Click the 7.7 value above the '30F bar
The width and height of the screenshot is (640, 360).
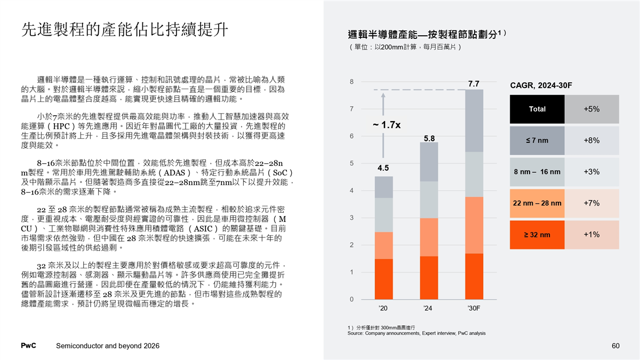pyautogui.click(x=474, y=84)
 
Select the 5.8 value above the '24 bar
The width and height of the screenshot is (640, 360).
pyautogui.click(x=429, y=138)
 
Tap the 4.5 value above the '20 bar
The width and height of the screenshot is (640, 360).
pyautogui.click(x=383, y=168)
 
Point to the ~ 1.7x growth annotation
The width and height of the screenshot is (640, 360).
pyautogui.click(x=387, y=125)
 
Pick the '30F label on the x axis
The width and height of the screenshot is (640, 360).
pyautogui.click(x=474, y=308)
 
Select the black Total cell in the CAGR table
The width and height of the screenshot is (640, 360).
pyautogui.click(x=537, y=109)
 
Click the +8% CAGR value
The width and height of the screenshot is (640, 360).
pyautogui.click(x=591, y=140)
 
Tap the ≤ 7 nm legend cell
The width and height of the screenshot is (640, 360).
pyautogui.click(x=537, y=140)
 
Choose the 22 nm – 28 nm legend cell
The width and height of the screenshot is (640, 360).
pyautogui.click(x=537, y=203)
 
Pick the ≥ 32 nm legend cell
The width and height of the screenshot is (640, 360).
pyautogui.click(x=537, y=235)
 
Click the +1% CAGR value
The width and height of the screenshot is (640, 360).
pyautogui.click(x=591, y=235)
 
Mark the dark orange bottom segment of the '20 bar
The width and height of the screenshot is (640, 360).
pyautogui.click(x=384, y=279)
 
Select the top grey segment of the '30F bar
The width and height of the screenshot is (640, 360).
pyautogui.click(x=474, y=121)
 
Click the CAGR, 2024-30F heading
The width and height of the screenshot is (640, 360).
pyautogui.click(x=541, y=86)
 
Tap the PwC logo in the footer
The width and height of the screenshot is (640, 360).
pyautogui.click(x=28, y=346)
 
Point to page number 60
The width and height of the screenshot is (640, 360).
pyautogui.click(x=615, y=346)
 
